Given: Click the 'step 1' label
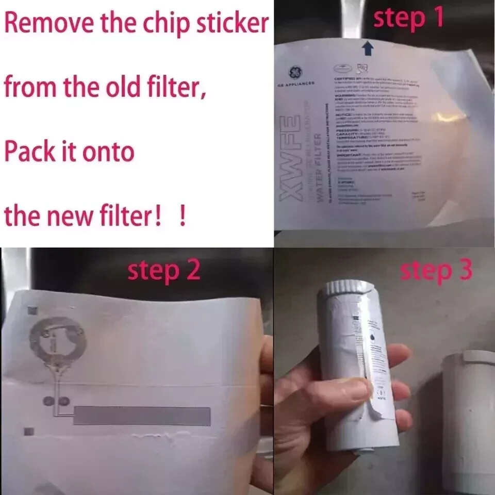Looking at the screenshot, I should (408, 19).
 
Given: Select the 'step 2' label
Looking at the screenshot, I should (164, 271).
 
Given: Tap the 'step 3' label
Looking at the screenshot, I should (436, 271).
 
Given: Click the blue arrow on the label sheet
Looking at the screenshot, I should (367, 48).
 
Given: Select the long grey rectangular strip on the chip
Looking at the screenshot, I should (142, 416).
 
